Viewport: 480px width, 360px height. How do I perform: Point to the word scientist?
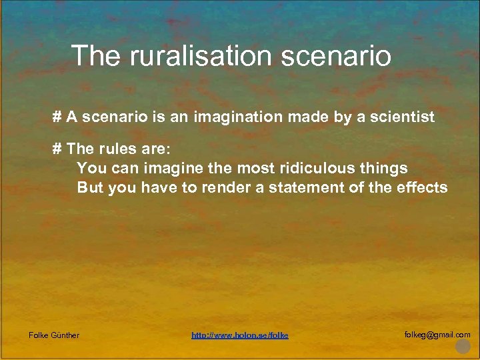(402, 117)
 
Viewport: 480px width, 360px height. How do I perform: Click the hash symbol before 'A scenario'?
(57, 117)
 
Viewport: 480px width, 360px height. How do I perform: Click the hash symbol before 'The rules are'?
(57, 149)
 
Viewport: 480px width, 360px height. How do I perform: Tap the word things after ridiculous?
(383, 168)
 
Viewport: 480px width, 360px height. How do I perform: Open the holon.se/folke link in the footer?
(240, 335)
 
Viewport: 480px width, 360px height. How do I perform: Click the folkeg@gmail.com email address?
(437, 335)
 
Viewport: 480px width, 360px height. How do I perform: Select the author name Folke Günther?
(54, 335)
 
